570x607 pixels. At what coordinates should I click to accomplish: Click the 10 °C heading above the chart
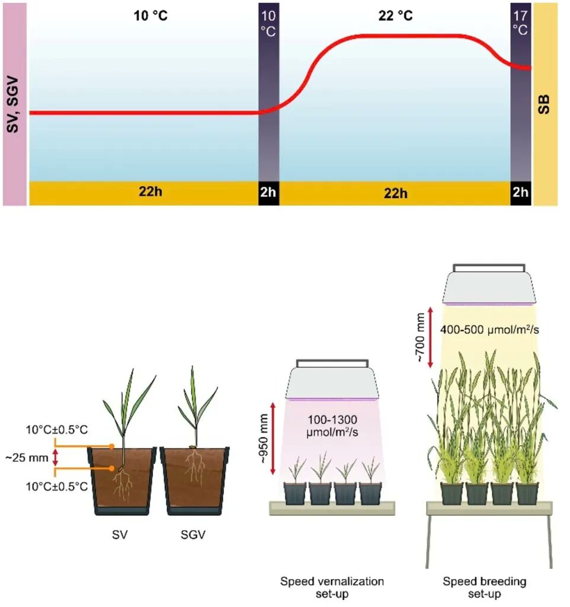(150, 15)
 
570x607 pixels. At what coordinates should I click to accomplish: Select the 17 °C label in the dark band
(521, 22)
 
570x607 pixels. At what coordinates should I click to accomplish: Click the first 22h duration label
(143, 194)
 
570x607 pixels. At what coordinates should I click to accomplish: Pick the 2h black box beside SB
(521, 194)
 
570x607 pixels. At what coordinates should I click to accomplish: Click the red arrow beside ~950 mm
(273, 438)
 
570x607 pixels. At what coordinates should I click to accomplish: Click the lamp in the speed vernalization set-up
(332, 381)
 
